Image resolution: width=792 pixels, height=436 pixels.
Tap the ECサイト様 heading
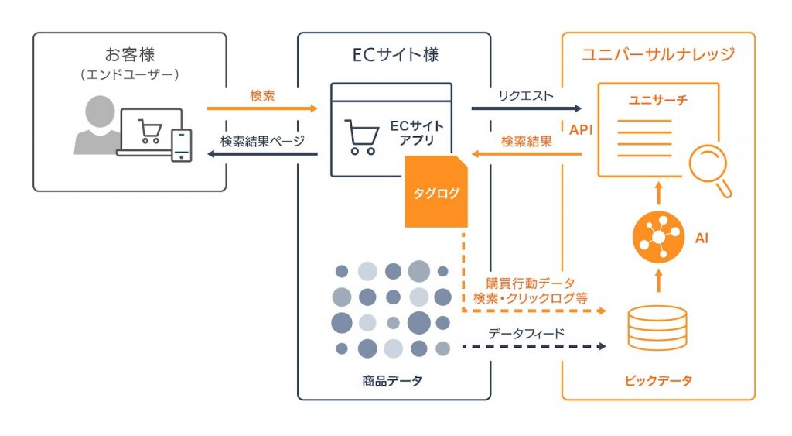point(394,55)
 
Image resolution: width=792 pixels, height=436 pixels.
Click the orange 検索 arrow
point(263,108)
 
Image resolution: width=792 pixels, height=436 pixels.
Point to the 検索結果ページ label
point(263,142)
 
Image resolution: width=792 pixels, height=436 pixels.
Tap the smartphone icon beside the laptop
point(181,145)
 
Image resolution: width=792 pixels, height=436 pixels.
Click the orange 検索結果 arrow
point(526,154)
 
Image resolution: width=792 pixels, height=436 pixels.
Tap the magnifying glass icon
point(710,172)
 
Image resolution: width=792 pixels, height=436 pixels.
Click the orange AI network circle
point(657,236)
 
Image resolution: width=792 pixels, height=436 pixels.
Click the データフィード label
point(526,333)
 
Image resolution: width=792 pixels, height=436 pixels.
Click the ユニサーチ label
point(660,101)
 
